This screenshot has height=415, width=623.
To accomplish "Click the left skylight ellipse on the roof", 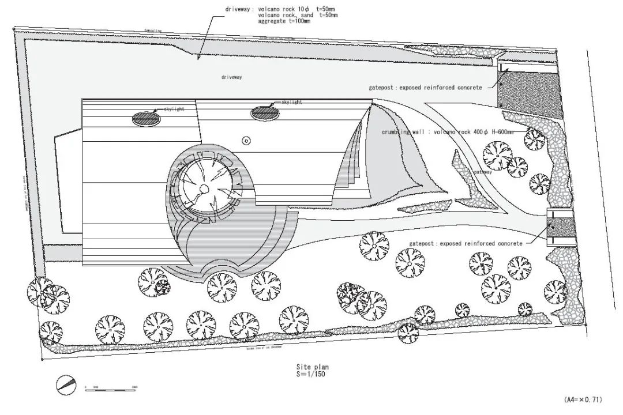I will click(145, 119).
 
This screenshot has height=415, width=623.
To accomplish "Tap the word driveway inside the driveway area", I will click(231, 77).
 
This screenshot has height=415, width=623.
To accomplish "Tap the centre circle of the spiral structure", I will click(204, 189).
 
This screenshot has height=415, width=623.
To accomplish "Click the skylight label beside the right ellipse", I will click(291, 102).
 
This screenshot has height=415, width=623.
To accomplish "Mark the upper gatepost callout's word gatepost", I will click(381, 88).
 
